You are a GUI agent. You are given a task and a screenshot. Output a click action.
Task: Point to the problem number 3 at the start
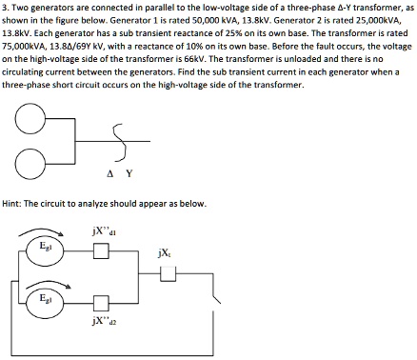pos(5,7)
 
